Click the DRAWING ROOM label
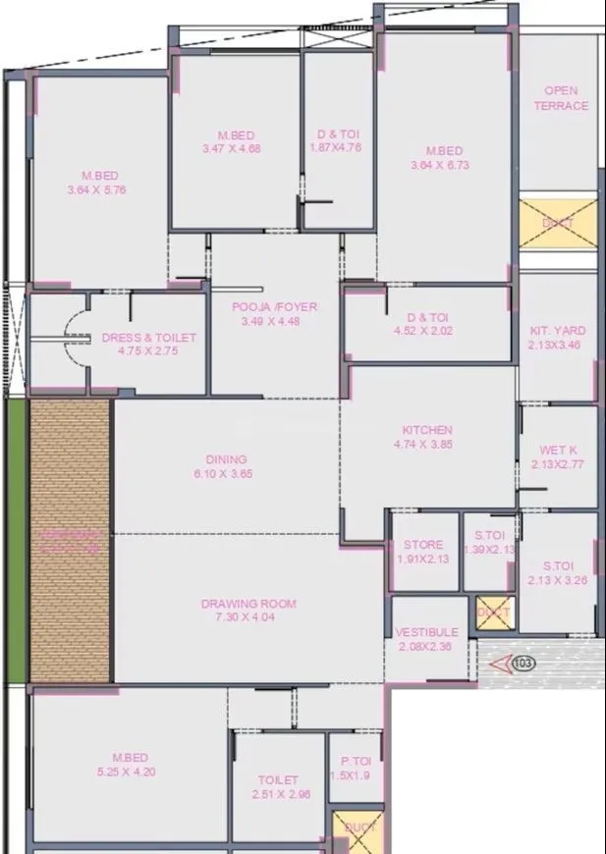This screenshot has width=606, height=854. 248,604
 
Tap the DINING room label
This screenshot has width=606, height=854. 226,458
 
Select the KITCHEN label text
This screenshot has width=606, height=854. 427,430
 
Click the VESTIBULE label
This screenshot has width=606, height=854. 427,633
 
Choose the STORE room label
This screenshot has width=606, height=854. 423,545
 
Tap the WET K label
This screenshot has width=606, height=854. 558,451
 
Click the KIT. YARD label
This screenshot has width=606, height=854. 557,332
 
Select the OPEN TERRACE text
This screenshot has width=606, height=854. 561,98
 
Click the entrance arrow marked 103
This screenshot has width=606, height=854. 518,665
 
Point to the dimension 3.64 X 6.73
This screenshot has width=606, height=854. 440,166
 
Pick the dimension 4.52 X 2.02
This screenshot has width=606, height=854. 428,331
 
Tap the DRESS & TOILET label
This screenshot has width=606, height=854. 149,338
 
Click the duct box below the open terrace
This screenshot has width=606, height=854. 558,223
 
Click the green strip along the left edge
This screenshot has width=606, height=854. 17,540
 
